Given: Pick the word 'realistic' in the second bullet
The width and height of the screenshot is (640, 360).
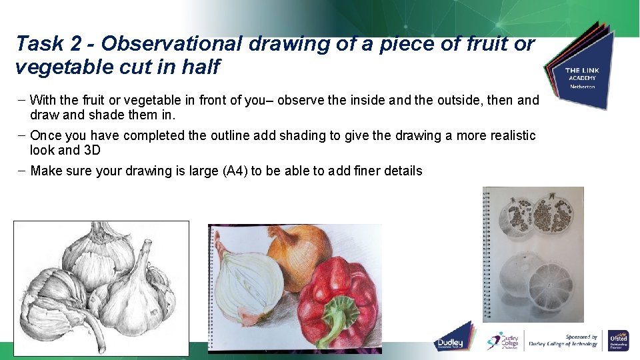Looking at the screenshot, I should coord(509,136).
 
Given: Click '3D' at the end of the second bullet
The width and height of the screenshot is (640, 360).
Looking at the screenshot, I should coord(92,151).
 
